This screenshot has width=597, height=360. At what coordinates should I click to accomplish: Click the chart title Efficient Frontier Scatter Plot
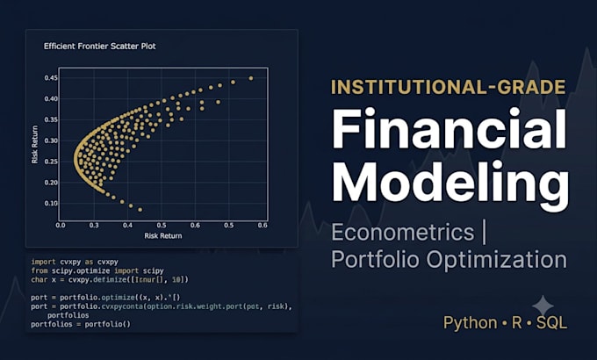[x=100, y=46]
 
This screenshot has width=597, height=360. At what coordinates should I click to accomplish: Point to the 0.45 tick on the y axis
[x=51, y=78]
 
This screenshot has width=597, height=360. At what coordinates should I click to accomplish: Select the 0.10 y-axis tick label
[x=51, y=203]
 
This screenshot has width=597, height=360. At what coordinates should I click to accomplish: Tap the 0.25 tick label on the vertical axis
[x=51, y=162]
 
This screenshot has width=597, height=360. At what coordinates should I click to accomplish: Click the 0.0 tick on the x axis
[x=61, y=225]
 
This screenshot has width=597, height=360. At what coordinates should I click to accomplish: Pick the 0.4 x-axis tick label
[x=127, y=225]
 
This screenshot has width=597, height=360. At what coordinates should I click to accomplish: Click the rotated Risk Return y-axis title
[x=34, y=145]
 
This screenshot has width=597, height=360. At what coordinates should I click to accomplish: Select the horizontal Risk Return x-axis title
[x=163, y=236]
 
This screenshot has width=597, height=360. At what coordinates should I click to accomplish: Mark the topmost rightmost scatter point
[x=251, y=78]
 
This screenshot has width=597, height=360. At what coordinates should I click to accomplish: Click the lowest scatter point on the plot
[x=140, y=210]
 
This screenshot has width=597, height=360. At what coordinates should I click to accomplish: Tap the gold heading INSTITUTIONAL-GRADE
[x=448, y=87]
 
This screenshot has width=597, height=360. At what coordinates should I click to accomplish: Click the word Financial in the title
[x=450, y=129]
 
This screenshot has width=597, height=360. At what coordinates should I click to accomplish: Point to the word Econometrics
[x=403, y=232]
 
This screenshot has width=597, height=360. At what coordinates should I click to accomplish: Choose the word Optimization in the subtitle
[x=497, y=260]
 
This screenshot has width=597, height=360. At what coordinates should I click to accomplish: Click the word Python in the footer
[x=471, y=323]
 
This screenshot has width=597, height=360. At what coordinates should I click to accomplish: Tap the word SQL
[x=551, y=323]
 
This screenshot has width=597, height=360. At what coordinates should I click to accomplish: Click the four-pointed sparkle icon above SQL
[x=543, y=306]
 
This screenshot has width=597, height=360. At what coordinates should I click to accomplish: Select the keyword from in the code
[x=39, y=270]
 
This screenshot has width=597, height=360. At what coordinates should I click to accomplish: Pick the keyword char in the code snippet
[x=39, y=279]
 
